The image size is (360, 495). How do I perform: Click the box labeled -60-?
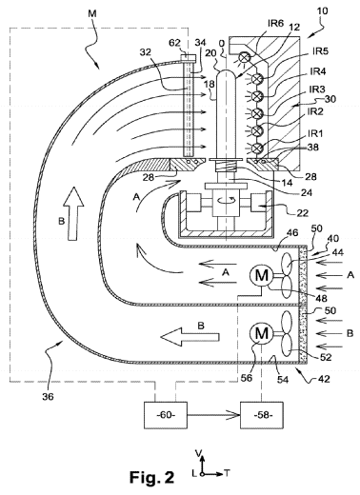click(166, 415)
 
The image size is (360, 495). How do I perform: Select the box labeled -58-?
click(262, 415)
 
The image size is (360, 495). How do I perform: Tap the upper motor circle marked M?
click(262, 275)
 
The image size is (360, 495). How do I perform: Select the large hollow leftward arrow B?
click(190, 337)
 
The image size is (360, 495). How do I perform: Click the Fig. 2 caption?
click(151, 477)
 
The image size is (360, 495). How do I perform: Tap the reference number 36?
click(48, 396)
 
